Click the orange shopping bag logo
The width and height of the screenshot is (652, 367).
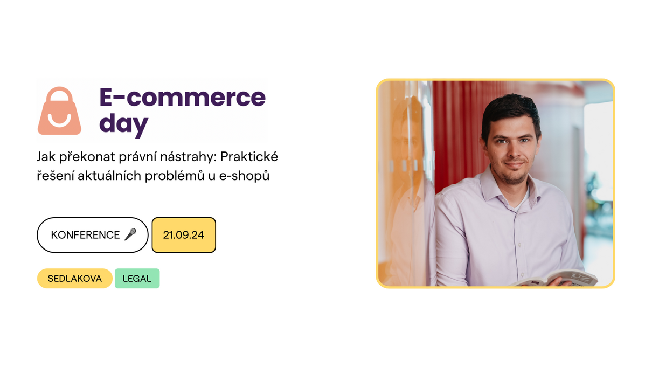tap(59, 111)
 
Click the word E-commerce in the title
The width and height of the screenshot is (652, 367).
tap(183, 97)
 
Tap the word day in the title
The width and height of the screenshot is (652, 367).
tap(124, 124)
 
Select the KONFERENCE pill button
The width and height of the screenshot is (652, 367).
tap(92, 235)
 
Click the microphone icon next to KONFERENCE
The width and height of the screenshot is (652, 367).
tap(130, 234)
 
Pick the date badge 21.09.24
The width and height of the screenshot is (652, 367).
tap(184, 235)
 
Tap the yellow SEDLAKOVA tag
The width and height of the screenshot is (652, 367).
tap(75, 279)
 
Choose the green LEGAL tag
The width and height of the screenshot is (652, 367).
tap(137, 279)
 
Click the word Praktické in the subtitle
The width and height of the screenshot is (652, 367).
tap(249, 157)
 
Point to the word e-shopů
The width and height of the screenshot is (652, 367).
tap(244, 176)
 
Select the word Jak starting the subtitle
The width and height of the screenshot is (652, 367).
tap(46, 157)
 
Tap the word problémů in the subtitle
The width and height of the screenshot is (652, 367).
tap(175, 176)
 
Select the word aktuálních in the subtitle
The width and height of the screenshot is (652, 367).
tap(109, 176)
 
